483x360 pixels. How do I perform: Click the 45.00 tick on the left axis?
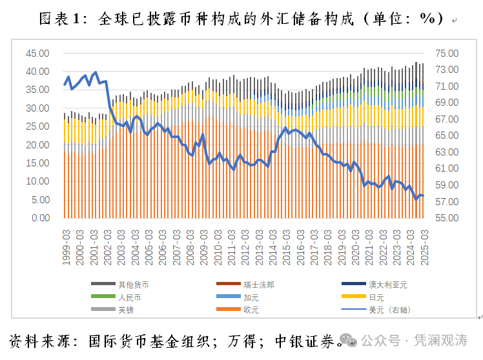point(37,54)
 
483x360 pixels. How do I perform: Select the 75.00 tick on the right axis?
point(446,54)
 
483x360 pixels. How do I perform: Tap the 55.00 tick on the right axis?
point(446,218)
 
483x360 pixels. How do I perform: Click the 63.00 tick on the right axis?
point(446,152)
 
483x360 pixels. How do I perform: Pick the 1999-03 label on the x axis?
point(67,246)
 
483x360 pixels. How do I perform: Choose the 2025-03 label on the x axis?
point(424,246)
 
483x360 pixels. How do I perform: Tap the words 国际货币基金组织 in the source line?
point(139,340)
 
